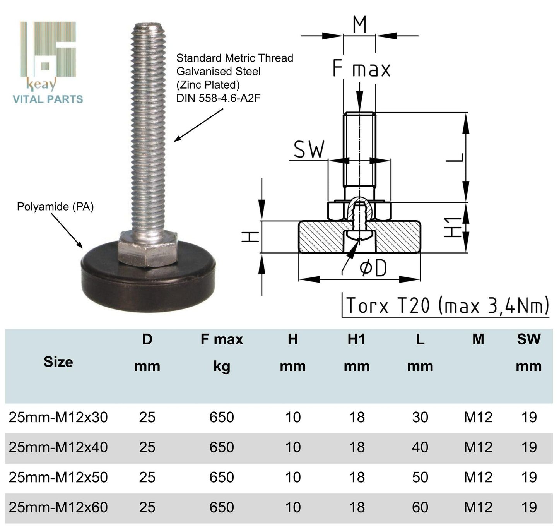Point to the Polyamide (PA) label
[x=55, y=207]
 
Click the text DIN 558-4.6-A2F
[x=218, y=98]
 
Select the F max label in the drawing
[x=361, y=69]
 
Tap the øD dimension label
[x=373, y=268]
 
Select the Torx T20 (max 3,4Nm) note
[x=447, y=305]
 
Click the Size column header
[x=58, y=362]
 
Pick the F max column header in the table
[x=222, y=339]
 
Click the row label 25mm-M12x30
[x=58, y=417]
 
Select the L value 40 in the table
[x=420, y=447]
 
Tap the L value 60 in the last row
[x=420, y=507]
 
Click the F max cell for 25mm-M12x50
[x=222, y=477]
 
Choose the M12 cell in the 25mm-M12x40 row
[x=478, y=447]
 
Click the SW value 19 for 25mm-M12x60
[x=529, y=507]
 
